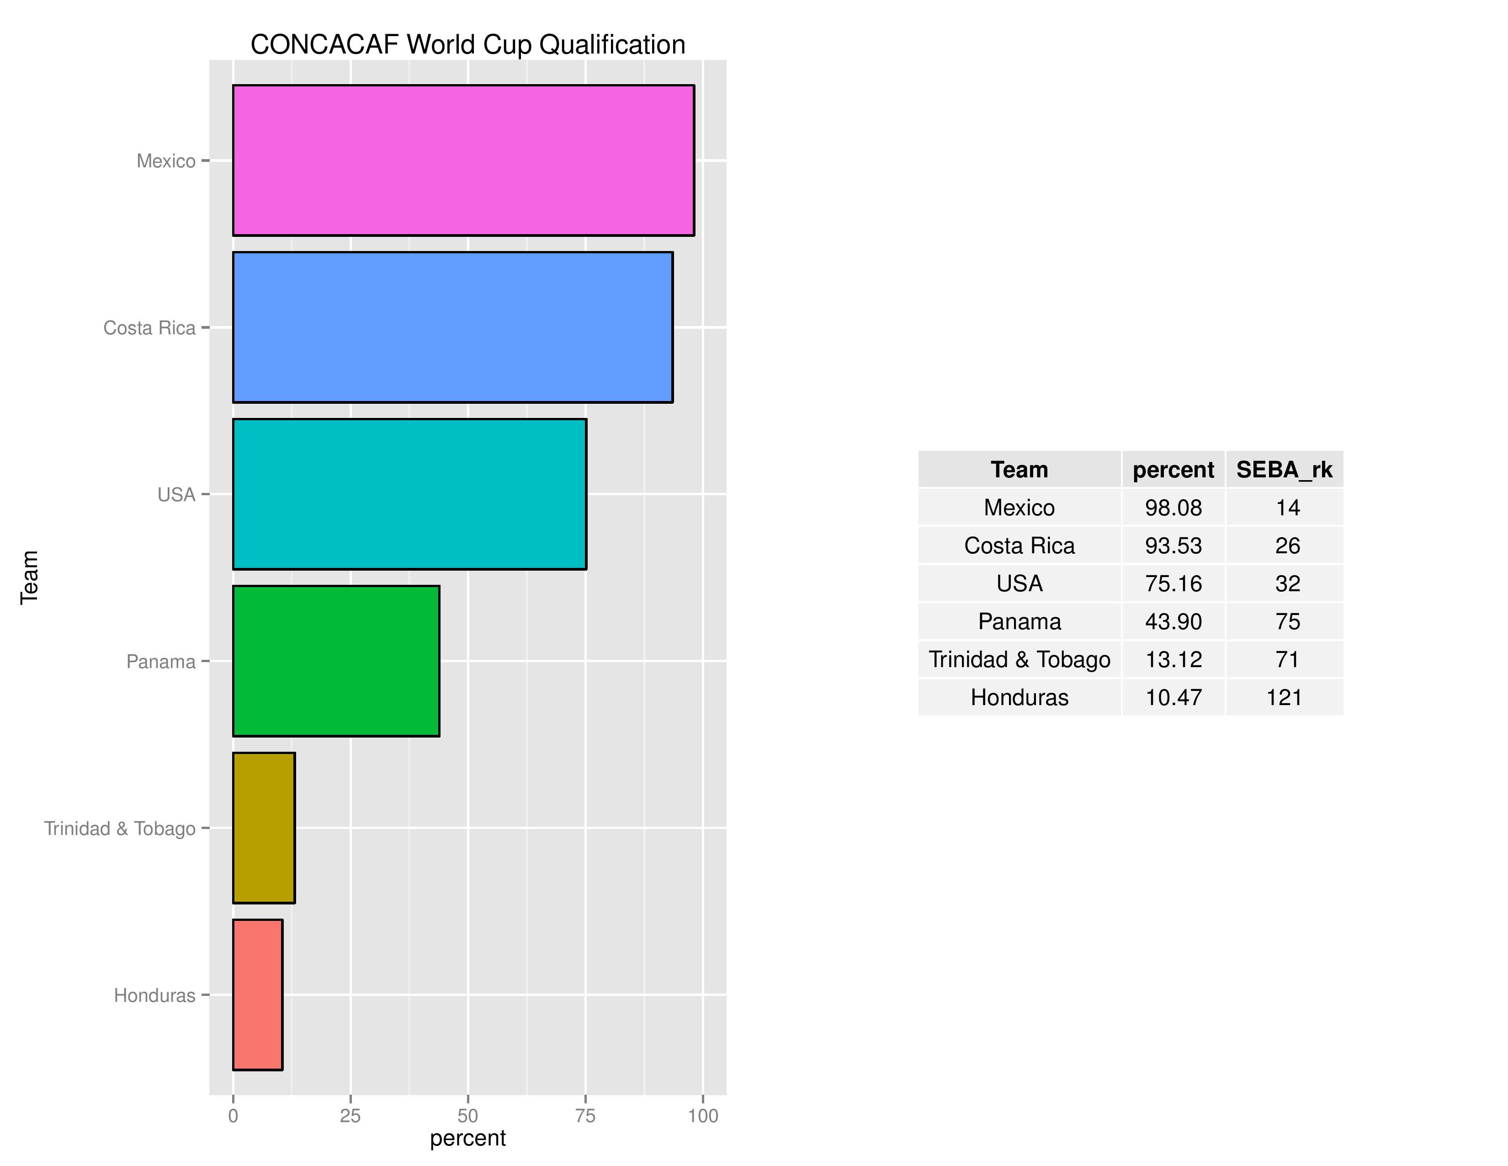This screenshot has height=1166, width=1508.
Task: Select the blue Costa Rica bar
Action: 452,327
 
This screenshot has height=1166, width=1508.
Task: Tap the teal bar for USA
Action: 409,494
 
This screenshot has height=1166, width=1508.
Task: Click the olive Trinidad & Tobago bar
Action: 264,828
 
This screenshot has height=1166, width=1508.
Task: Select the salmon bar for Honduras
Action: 258,995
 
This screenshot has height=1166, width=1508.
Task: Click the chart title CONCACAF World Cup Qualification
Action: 467,44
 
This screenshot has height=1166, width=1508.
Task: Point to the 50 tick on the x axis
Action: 467,1116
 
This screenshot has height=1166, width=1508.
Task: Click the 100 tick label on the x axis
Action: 703,1116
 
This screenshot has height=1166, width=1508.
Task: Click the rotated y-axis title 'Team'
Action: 29,578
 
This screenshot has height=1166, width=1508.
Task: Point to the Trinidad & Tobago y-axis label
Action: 120,828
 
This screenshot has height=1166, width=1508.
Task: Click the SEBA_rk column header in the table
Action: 1284,470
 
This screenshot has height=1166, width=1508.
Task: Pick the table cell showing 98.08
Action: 1173,508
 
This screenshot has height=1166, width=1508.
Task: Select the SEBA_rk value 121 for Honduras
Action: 1284,698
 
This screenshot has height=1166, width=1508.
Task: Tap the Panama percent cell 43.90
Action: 1173,622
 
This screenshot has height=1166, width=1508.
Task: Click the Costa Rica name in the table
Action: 1019,546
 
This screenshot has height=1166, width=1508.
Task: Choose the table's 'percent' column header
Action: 1173,470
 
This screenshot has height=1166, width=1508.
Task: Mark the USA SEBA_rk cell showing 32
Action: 1287,584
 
